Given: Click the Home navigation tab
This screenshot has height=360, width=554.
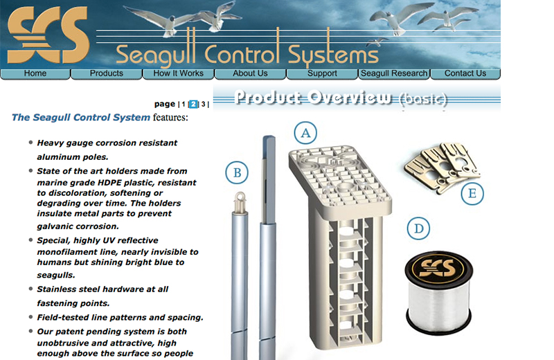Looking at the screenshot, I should pos(35,73).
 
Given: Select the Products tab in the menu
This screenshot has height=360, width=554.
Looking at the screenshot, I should pos(107,73).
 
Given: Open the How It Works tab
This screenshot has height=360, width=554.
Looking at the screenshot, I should pos(179,73).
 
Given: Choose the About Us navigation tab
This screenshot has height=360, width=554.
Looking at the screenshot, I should pos(250,73).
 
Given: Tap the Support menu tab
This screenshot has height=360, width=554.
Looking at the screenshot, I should pos(322,73).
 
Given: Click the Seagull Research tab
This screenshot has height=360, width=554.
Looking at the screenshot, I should pos(394,73).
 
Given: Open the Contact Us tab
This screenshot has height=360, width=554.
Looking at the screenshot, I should pos(465,73).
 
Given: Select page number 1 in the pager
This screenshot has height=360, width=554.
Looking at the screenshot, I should pos(184,105).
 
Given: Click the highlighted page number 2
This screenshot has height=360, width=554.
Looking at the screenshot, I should pos(194,105).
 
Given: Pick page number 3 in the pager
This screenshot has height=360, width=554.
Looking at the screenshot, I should pos(204,105).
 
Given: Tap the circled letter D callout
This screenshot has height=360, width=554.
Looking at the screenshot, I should pos(418,228).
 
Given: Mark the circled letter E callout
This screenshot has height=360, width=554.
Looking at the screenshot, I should pos(472,193).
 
